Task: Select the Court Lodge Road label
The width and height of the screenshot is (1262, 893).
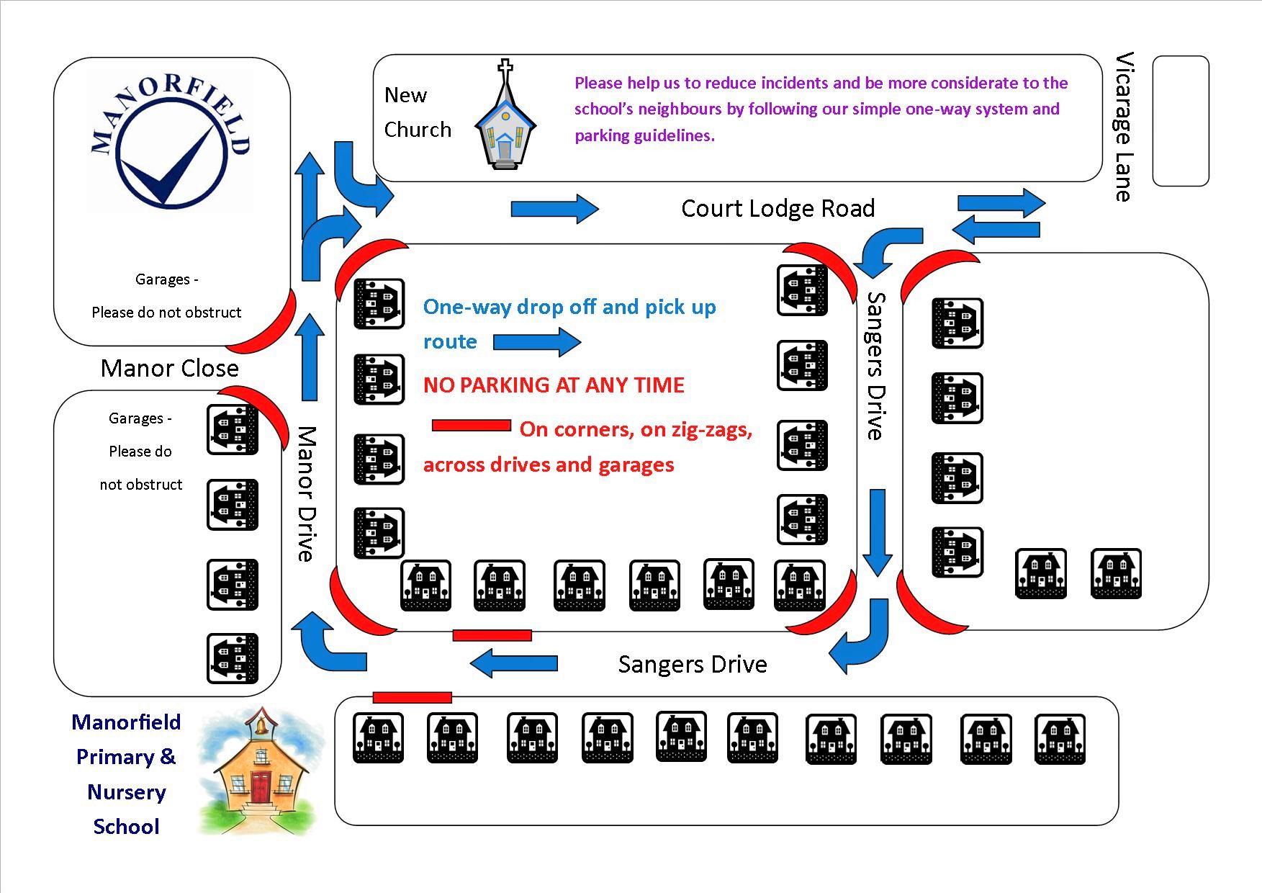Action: (x=778, y=209)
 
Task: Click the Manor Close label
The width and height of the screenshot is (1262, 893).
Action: (x=170, y=368)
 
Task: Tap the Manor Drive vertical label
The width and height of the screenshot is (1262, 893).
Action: (x=307, y=494)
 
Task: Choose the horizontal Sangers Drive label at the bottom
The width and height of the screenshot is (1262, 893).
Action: (x=693, y=664)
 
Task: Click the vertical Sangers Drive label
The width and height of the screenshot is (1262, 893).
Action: (x=875, y=366)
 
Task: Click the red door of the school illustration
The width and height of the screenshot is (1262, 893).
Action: (x=260, y=786)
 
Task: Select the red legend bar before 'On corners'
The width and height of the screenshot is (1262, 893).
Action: (x=471, y=426)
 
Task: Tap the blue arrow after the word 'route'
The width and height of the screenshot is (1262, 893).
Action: (x=537, y=342)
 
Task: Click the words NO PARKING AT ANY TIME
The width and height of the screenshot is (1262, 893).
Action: (x=554, y=385)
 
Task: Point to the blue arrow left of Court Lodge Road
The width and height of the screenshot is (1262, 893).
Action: (x=555, y=209)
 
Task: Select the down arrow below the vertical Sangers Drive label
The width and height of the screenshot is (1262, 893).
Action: (x=878, y=532)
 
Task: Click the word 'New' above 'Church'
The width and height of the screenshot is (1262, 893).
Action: (x=405, y=95)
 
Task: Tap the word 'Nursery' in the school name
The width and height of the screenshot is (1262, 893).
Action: (x=126, y=792)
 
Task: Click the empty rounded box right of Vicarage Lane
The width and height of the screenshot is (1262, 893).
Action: (x=1181, y=121)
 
